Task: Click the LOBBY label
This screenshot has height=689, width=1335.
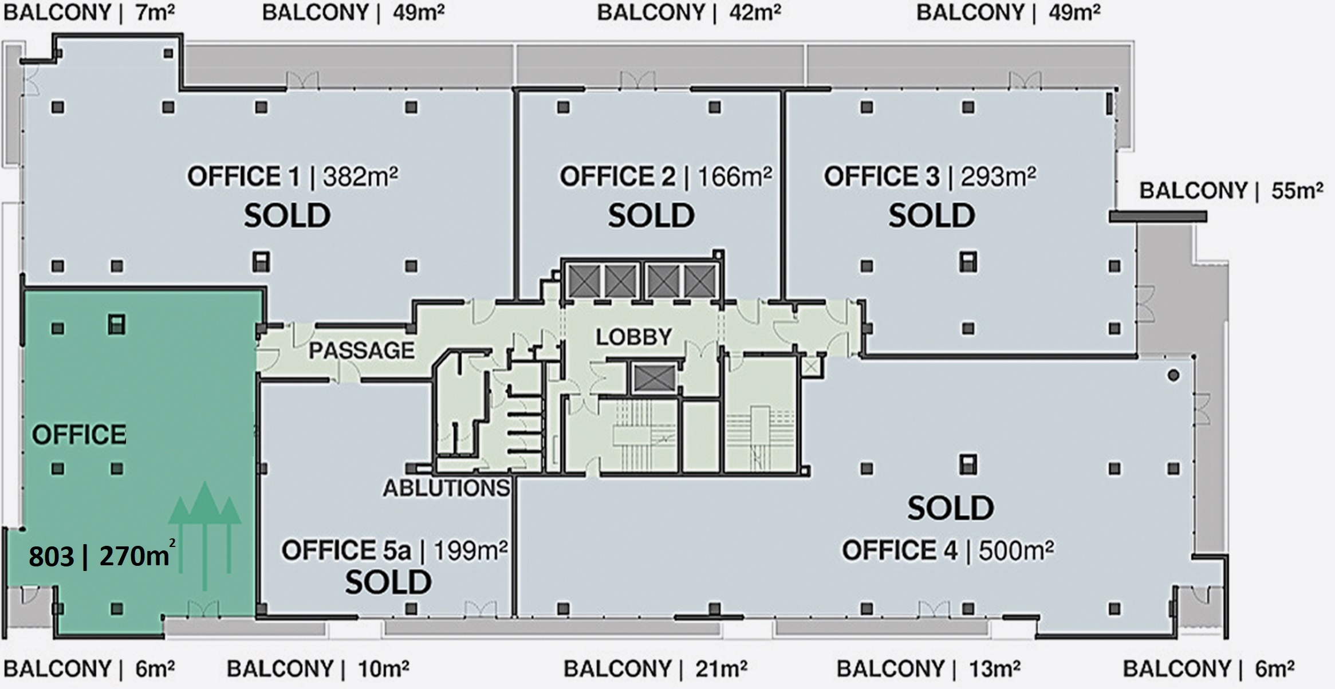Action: coord(633,337)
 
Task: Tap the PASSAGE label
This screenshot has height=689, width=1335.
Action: coord(361,350)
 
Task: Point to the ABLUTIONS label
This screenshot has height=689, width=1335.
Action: coord(446,488)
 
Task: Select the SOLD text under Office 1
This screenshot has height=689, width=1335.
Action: coord(287,216)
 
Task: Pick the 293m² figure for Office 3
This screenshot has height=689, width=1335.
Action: coord(998,176)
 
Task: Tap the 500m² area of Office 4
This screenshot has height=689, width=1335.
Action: coord(1017,550)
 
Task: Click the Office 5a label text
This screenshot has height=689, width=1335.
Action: coord(346,550)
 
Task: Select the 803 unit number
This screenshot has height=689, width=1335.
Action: coord(52,557)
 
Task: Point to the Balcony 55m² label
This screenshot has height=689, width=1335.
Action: coord(1231,191)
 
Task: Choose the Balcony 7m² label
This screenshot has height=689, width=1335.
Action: coord(89,13)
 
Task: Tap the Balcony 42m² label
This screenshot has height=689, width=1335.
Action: coord(689,13)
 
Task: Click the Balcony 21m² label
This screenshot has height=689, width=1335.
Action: coord(655,668)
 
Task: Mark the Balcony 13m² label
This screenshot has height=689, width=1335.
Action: coord(928,668)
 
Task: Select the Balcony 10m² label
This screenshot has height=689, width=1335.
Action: coord(318,668)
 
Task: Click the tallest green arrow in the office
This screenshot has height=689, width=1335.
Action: coord(205,536)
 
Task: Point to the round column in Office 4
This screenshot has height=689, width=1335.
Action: coord(1173,376)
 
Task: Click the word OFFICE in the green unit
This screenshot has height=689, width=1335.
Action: coord(79,435)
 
